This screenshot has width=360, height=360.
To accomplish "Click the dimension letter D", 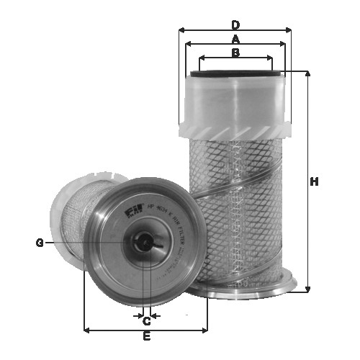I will point(235,24).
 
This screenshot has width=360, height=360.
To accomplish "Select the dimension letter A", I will point(235,38).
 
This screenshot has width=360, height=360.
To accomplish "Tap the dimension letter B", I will point(235,53).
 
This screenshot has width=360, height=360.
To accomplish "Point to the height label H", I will point(314,181).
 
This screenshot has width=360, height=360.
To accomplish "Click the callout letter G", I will point(40,243).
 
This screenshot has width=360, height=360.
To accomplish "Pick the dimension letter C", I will point(146,321).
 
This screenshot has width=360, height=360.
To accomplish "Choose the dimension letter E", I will point(146,336).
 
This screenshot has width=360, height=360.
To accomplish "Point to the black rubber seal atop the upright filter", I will point(235,73).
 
